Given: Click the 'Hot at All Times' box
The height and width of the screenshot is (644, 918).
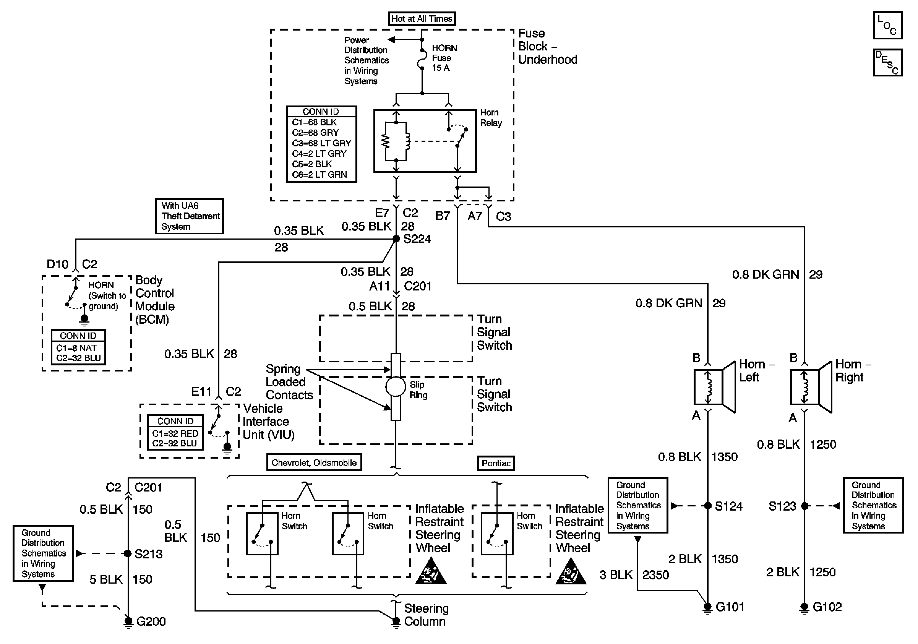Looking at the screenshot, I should click(x=422, y=19).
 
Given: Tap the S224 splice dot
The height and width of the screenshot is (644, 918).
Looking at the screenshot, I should click(x=396, y=238).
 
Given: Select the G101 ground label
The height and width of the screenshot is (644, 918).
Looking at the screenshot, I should click(x=730, y=607).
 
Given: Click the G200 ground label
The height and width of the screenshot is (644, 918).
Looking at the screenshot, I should click(x=151, y=621).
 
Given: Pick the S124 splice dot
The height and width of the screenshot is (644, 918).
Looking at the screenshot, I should click(x=708, y=506).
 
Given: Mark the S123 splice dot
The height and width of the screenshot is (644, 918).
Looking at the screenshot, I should click(x=804, y=506).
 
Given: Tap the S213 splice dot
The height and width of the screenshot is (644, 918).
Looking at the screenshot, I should click(x=128, y=554).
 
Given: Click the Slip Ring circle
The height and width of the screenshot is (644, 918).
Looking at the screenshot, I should click(x=396, y=387).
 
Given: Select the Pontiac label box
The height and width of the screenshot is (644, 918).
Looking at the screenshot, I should click(x=496, y=463).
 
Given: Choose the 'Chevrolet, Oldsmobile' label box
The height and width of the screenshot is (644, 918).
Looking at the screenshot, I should click(x=314, y=462).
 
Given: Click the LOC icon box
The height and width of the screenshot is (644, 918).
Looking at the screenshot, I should click(x=887, y=25).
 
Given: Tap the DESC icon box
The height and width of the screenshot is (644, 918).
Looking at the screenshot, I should click(x=887, y=62).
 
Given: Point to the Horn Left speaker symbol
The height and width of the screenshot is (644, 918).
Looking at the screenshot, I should click(x=715, y=387).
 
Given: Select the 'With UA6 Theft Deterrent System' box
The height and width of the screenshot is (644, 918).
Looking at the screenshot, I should click(x=190, y=216).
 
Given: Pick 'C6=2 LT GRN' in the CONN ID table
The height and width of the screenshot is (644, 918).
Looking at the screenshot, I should click(x=319, y=175).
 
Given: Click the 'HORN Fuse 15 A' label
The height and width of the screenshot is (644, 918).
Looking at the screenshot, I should click(x=444, y=58).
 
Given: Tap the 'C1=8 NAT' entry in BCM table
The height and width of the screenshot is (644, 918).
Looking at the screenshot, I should click(x=76, y=348).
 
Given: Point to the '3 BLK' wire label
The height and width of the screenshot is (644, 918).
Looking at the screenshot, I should click(x=616, y=575).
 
